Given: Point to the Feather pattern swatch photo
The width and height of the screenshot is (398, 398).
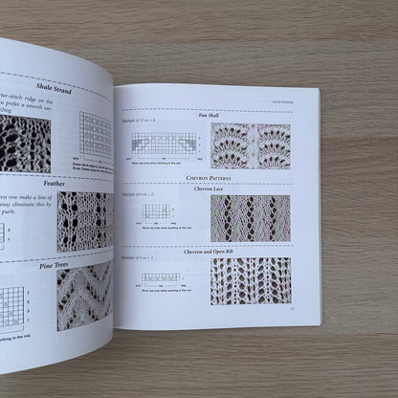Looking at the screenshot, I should tap(84, 220).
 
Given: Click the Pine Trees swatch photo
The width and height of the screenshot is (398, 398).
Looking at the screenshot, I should tap(83, 296).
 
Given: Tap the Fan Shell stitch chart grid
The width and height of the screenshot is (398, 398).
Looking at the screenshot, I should tap(165, 144).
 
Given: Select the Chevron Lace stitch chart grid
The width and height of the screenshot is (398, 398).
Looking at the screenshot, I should tap(155, 210).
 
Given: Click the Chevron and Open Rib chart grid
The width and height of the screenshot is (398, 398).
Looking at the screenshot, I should tap(161, 276).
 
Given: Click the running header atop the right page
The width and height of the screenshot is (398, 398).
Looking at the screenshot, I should tap(296, 97).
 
